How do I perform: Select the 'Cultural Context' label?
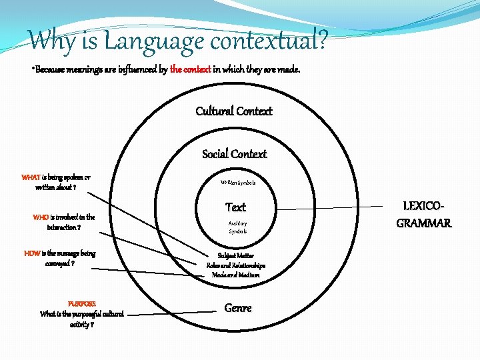point(234,111)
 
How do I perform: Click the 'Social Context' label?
point(235,154)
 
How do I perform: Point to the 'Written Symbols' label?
point(237,182)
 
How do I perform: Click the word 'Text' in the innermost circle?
point(235,207)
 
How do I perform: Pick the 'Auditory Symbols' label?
point(237,227)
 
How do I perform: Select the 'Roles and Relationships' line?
point(236,265)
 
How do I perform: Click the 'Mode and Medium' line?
point(236,275)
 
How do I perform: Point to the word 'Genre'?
point(238,308)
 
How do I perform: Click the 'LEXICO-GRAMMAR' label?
point(424,214)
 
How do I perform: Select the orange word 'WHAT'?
point(31,177)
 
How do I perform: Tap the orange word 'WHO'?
point(41,217)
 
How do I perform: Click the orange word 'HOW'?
point(31,253)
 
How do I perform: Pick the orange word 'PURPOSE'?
point(82,303)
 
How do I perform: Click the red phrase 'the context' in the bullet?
point(191,69)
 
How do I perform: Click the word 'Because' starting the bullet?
point(50,69)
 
